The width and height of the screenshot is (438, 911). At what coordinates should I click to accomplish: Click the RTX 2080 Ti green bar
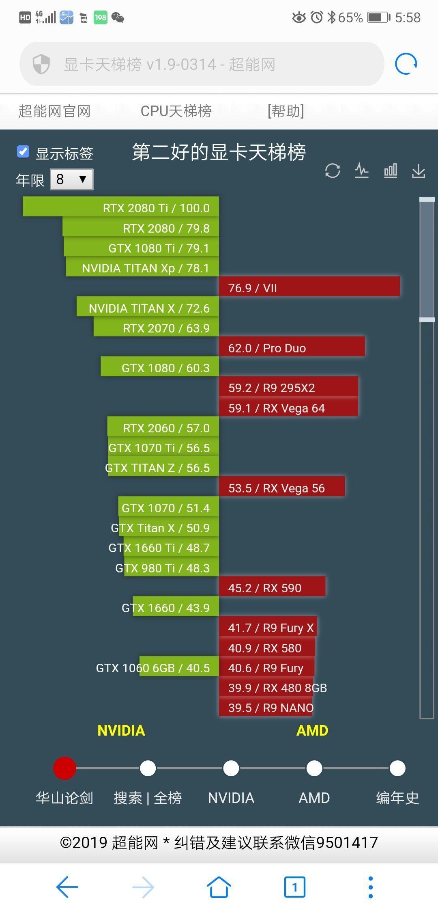pyautogui.click(x=121, y=207)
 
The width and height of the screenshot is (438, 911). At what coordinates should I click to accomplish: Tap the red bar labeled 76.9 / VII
pyautogui.click(x=309, y=287)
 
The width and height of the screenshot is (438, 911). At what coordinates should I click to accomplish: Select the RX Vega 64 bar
pyautogui.click(x=288, y=408)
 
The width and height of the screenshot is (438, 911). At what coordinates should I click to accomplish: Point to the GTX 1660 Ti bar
pyautogui.click(x=170, y=548)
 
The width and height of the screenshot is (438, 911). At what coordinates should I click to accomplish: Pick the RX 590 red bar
pyautogui.click(x=272, y=587)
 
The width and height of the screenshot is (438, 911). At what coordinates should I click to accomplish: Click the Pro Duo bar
pyautogui.click(x=292, y=348)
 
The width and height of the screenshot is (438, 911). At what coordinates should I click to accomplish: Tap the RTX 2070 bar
pyautogui.click(x=156, y=327)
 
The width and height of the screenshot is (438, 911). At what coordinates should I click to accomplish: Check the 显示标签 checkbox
pyautogui.click(x=23, y=152)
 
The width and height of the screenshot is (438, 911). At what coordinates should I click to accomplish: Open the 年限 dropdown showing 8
pyautogui.click(x=72, y=179)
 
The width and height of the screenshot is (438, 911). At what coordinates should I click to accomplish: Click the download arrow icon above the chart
pyautogui.click(x=419, y=171)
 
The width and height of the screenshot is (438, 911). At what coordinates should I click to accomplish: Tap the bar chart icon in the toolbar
pyautogui.click(x=390, y=171)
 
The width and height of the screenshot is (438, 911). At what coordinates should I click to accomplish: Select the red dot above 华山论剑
pyautogui.click(x=64, y=768)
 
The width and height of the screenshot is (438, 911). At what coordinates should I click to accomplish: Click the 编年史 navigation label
pyautogui.click(x=397, y=798)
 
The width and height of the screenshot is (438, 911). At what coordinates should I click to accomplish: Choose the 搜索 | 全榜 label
pyautogui.click(x=148, y=798)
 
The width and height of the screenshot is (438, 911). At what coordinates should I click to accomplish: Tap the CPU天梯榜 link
pyautogui.click(x=176, y=111)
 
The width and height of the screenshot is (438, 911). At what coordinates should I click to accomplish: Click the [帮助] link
pyautogui.click(x=286, y=111)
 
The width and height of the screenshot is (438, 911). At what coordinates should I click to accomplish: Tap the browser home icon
pyautogui.click(x=219, y=887)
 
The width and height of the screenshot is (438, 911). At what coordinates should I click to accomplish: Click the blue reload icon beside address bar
pyautogui.click(x=406, y=64)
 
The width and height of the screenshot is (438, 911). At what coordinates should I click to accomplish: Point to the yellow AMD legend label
pyautogui.click(x=312, y=730)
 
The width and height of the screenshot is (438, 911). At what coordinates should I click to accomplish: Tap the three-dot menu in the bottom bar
pyautogui.click(x=370, y=887)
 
